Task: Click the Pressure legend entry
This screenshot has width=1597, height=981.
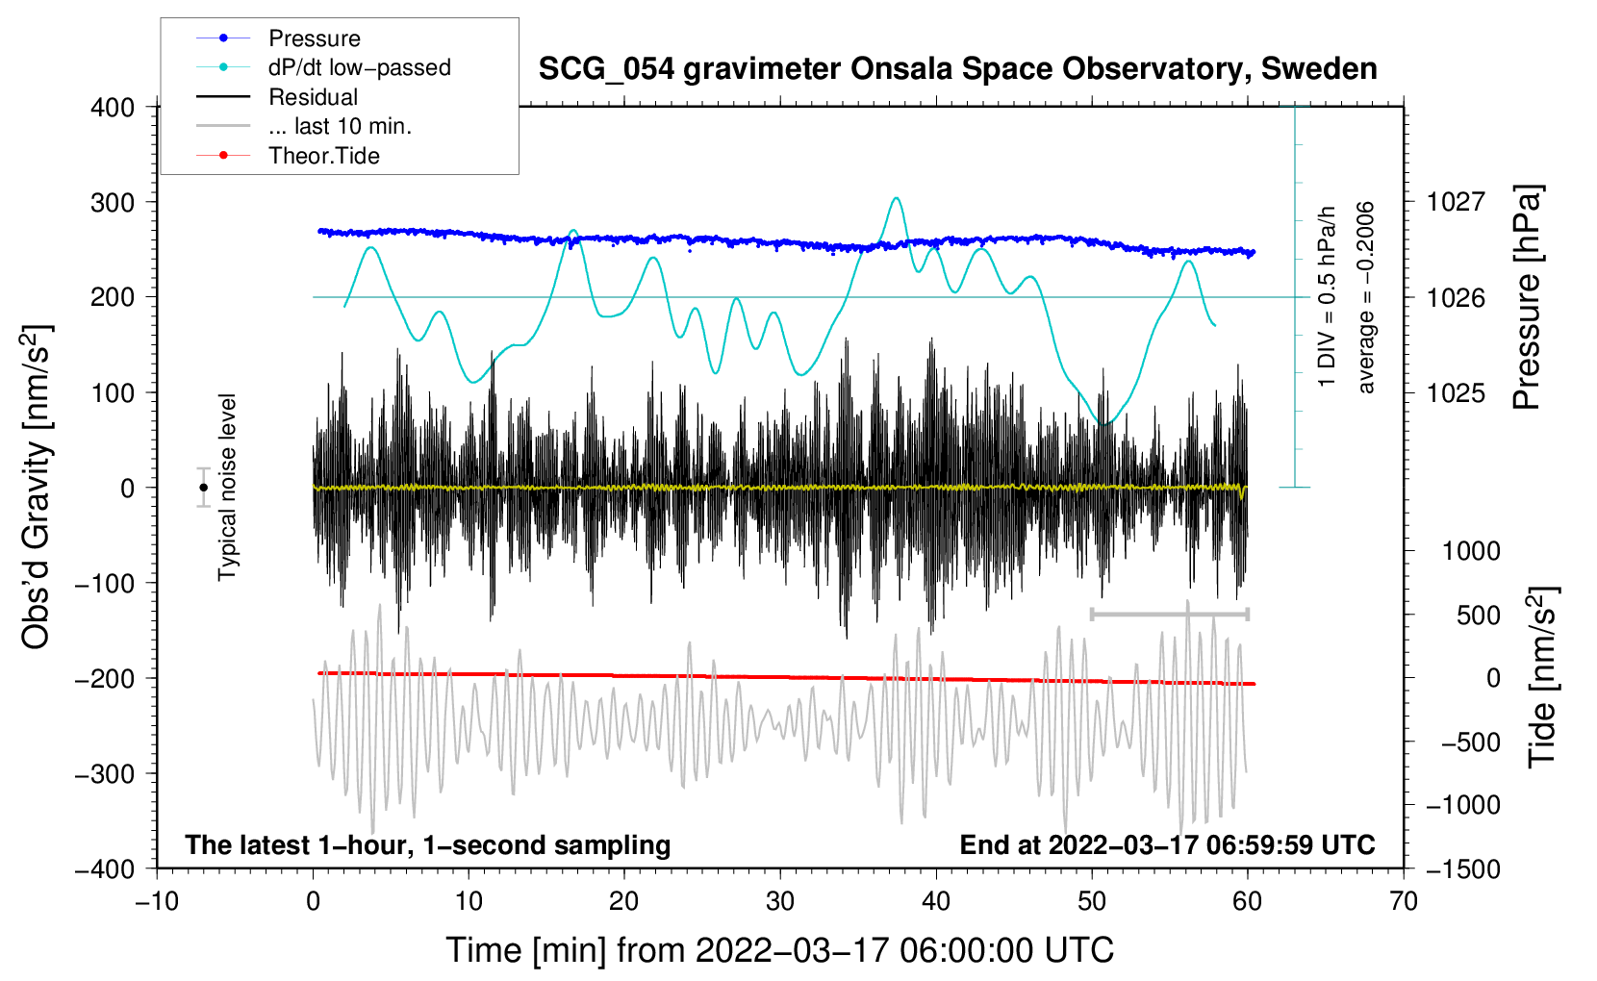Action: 279,38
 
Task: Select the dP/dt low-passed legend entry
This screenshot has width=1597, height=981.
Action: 323,67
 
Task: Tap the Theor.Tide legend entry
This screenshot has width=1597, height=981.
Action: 288,156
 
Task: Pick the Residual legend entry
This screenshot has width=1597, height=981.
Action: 277,97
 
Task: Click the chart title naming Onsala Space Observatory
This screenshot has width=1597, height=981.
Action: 957,69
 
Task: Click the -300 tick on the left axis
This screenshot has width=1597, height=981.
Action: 105,774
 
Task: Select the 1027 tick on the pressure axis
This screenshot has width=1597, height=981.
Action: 1456,202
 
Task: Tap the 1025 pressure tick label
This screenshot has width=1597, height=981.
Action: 1456,392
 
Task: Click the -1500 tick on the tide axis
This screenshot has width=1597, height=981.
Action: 1463,869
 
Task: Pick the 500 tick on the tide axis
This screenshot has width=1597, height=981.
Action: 1478,616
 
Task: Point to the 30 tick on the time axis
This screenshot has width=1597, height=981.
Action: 780,902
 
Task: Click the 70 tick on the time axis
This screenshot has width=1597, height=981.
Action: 1403,902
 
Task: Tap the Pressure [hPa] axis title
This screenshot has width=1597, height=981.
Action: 1527,297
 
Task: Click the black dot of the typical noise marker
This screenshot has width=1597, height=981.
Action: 203,488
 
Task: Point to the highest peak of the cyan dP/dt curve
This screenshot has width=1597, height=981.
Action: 897,198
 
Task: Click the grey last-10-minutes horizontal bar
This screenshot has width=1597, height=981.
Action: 1169,614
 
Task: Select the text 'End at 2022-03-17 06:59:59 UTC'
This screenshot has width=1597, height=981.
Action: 1167,844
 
